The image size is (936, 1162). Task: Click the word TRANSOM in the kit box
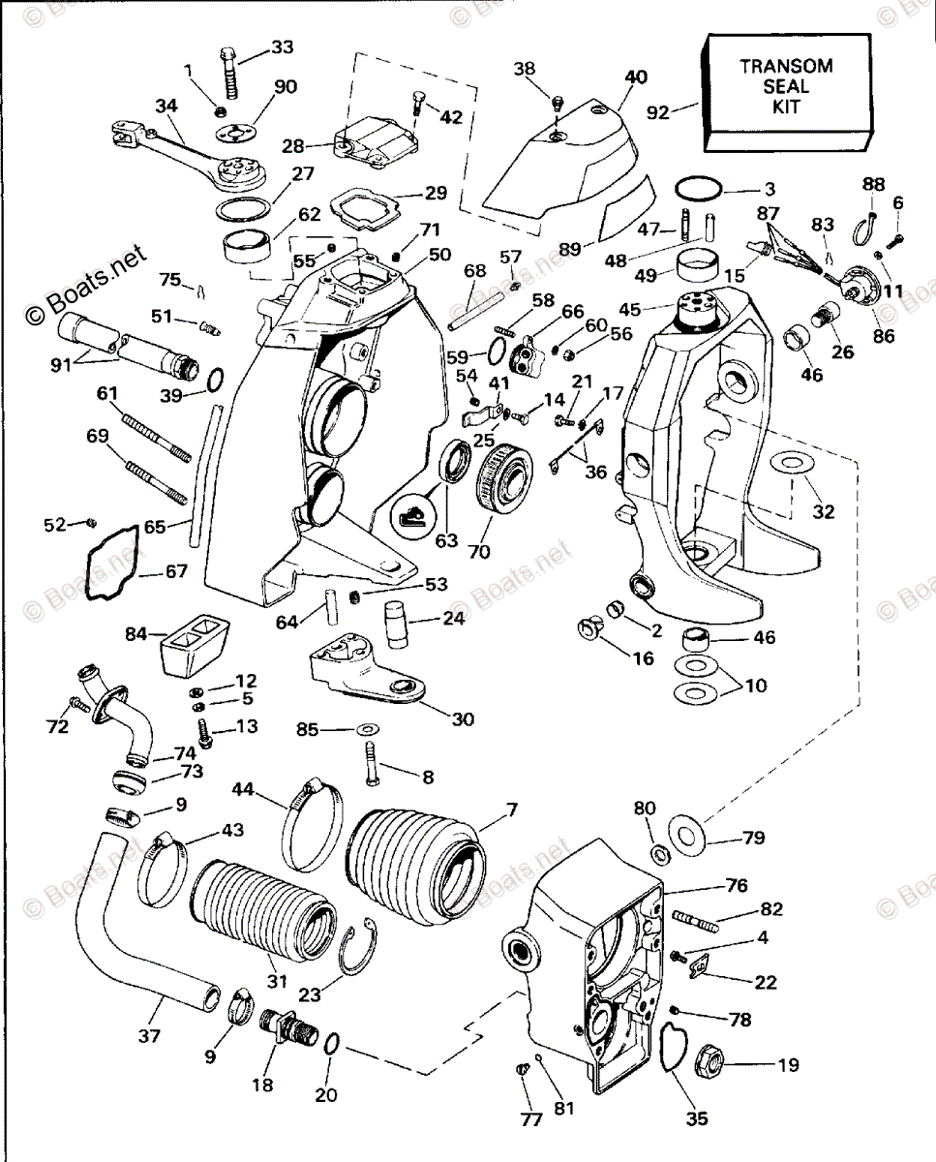tap(785, 66)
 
